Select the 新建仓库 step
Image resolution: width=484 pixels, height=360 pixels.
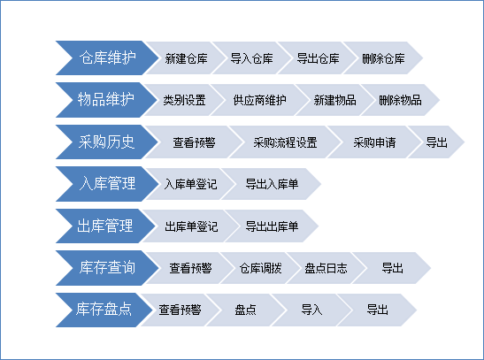pyautogui.click(x=186, y=58)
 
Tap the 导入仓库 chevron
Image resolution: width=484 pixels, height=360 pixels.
pyautogui.click(x=251, y=58)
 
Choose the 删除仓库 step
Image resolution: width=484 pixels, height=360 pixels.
pyautogui.click(x=383, y=58)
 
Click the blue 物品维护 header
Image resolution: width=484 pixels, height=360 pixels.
pyautogui.click(x=102, y=100)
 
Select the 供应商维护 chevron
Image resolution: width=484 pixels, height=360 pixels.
pyautogui.click(x=259, y=100)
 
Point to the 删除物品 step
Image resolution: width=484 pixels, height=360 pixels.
pyautogui.click(x=399, y=100)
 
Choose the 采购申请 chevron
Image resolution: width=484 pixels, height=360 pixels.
pyautogui.click(x=373, y=142)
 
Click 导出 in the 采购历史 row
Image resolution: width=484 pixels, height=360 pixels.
pyautogui.click(x=437, y=142)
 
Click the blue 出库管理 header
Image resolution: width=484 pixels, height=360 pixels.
pyautogui.click(x=102, y=226)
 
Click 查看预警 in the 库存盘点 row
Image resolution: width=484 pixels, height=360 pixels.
pyautogui.click(x=180, y=310)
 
